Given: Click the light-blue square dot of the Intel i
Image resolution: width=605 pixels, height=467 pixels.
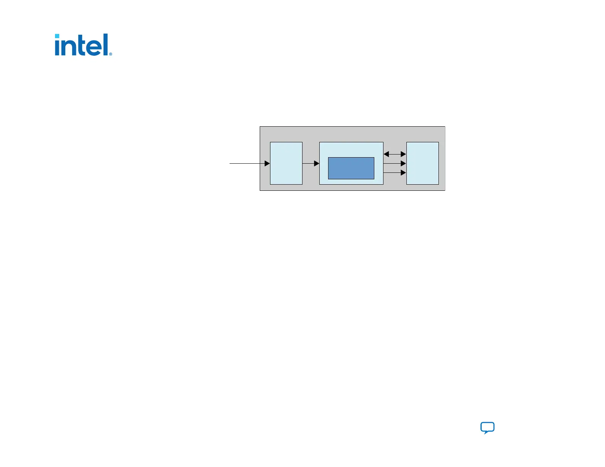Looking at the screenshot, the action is click(57, 36).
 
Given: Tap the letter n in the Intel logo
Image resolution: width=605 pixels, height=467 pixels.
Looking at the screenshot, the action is click(69, 47).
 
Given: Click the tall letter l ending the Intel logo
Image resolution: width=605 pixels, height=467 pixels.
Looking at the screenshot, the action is click(107, 44).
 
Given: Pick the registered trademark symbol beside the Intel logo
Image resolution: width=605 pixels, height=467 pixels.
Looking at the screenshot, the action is click(111, 54).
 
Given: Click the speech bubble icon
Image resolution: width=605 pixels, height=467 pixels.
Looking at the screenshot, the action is click(487, 428).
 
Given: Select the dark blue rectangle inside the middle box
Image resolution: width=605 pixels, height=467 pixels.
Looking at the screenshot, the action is click(351, 168).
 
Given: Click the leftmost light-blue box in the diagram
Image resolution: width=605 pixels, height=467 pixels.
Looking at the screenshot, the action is click(286, 163).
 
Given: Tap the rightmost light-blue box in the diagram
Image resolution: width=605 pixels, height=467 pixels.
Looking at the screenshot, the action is click(422, 163).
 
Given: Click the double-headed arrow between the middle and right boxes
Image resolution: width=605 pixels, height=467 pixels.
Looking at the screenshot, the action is click(395, 154).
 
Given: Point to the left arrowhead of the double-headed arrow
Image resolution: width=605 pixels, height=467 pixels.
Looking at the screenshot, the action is click(386, 154).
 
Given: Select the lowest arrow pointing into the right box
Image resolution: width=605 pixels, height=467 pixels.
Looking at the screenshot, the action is click(395, 173).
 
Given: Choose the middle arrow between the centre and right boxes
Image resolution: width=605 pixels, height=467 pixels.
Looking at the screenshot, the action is click(395, 163).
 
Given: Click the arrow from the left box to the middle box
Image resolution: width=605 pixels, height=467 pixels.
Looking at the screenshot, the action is click(311, 163).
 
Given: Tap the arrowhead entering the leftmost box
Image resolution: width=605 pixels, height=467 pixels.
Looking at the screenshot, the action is click(267, 163).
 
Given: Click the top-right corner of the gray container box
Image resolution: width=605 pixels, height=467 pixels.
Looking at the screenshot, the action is click(445, 127).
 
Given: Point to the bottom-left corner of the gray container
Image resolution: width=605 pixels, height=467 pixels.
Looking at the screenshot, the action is click(260, 190).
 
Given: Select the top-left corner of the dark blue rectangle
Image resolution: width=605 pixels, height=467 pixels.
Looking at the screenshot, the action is click(328, 158).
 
